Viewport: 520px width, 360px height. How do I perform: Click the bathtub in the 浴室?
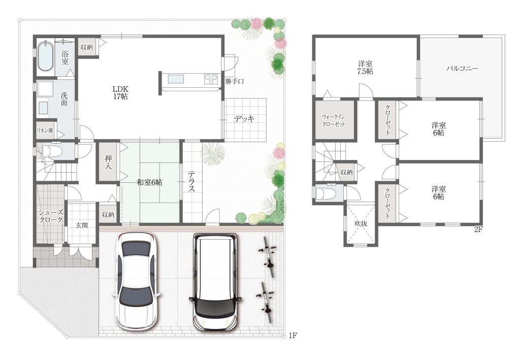click(x=45, y=56)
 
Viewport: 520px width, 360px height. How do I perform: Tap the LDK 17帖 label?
click(x=120, y=93)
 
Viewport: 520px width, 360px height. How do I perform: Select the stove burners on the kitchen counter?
click(x=210, y=79)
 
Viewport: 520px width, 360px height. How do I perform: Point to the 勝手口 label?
click(x=235, y=81)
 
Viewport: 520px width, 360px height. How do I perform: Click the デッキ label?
click(x=244, y=119)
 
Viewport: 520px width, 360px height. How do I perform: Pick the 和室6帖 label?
click(x=150, y=182)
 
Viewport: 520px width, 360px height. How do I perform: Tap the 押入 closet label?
click(x=108, y=162)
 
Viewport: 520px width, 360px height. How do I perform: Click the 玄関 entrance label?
click(x=81, y=225)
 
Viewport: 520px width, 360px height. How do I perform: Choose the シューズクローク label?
click(x=50, y=216)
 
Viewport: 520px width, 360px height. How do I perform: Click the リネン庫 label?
click(x=45, y=130)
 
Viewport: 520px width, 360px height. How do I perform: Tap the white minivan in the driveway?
click(x=215, y=281)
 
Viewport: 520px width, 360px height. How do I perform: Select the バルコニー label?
click(x=462, y=69)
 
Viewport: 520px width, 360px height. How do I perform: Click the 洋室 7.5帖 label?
click(x=365, y=68)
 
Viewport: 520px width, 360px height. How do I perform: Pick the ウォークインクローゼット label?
click(x=334, y=121)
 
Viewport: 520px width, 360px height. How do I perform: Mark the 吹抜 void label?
click(x=361, y=224)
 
